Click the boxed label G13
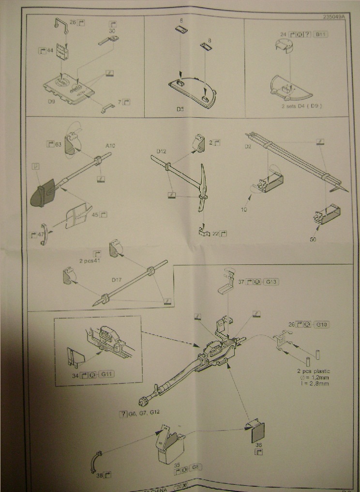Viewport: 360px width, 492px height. [272, 281]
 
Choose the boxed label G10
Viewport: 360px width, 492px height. [321, 324]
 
